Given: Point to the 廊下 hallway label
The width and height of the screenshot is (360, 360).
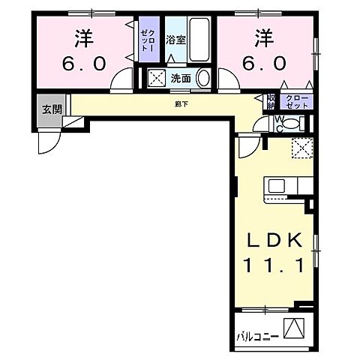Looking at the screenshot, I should point(181,103).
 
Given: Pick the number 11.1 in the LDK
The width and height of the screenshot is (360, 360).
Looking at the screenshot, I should point(274,265).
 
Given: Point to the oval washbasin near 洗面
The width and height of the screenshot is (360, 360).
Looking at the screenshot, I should point(206,76).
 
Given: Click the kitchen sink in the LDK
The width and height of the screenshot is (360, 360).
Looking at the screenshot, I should point(275,186).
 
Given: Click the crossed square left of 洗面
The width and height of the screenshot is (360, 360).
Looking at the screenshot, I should point(158,76).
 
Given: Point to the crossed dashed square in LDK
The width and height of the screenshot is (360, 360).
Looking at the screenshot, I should point(303,147).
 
